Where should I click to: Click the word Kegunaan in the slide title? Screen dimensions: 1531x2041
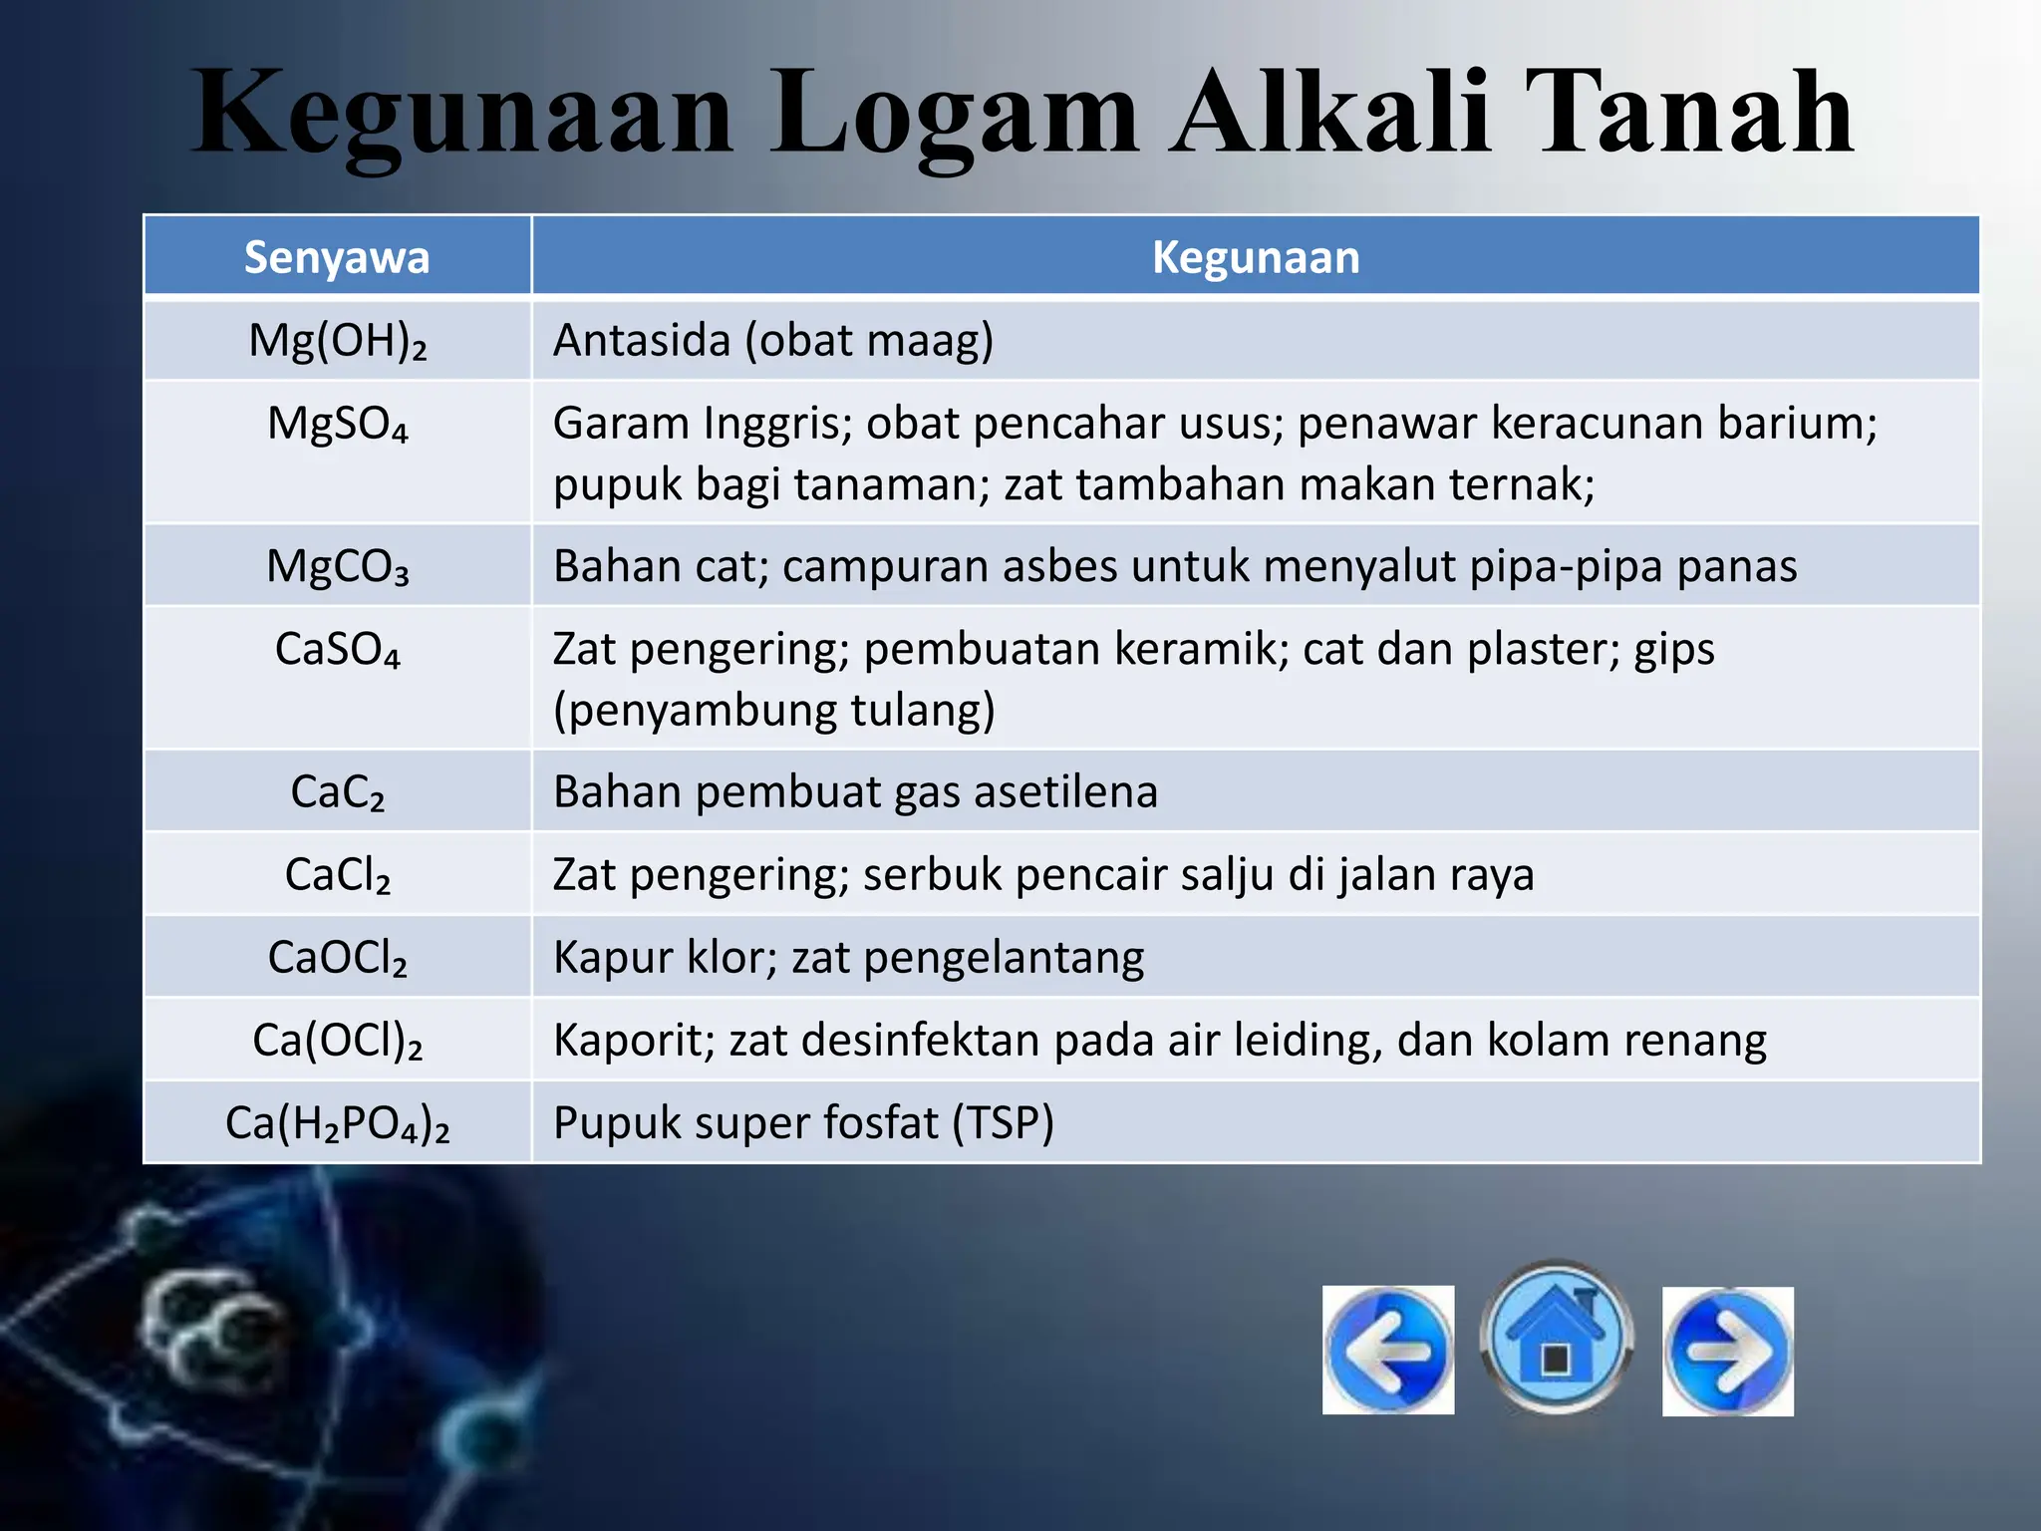tap(462, 115)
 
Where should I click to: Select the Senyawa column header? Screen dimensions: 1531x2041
tap(337, 257)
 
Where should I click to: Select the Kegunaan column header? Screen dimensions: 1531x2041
tap(1256, 257)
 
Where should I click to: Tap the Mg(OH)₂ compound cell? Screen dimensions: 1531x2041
tap(337, 341)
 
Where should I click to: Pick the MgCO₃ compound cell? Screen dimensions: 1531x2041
tap(337, 566)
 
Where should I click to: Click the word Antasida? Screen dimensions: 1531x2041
tap(642, 341)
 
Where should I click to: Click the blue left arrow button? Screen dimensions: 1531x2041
tap(1388, 1351)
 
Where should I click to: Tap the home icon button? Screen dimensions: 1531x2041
tap(1556, 1339)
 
